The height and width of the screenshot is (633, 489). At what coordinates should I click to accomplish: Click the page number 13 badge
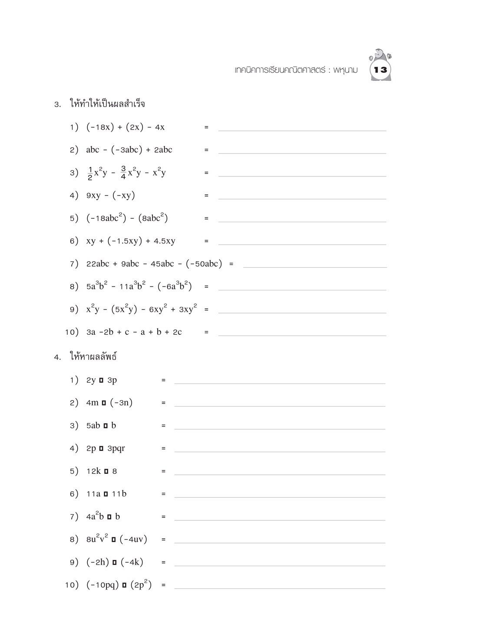pyautogui.click(x=380, y=70)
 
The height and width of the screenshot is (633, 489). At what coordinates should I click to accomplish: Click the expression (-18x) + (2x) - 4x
pyautogui.click(x=125, y=127)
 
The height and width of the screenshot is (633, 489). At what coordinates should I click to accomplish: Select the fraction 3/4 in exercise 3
pyautogui.click(x=123, y=173)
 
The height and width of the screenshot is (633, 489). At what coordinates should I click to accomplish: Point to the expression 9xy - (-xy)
pyautogui.click(x=110, y=196)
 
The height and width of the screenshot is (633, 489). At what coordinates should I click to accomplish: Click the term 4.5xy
pyautogui.click(x=164, y=241)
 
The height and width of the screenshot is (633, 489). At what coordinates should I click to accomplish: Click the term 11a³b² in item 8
pyautogui.click(x=132, y=287)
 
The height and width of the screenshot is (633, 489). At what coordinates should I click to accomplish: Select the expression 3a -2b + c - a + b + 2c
pyautogui.click(x=134, y=332)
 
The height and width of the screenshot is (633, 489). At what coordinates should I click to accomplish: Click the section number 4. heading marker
pyautogui.click(x=57, y=357)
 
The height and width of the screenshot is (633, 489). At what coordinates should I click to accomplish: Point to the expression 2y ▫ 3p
pyautogui.click(x=101, y=380)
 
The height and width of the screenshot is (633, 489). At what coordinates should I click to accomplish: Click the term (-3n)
pyautogui.click(x=121, y=403)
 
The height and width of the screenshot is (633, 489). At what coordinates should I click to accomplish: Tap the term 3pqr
pyautogui.click(x=116, y=448)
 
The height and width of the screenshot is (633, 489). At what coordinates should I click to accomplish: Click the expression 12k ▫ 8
pyautogui.click(x=101, y=471)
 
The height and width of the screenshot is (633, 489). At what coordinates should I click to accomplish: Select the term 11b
pyautogui.click(x=119, y=494)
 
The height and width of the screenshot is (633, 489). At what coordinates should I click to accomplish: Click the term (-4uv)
pyautogui.click(x=133, y=540)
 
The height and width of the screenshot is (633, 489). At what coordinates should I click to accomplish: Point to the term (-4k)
pyautogui.click(x=132, y=562)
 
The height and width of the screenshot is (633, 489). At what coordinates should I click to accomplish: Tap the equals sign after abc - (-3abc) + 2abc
pyautogui.click(x=206, y=150)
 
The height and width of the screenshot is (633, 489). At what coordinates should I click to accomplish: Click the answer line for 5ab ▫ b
pyautogui.click(x=279, y=428)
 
